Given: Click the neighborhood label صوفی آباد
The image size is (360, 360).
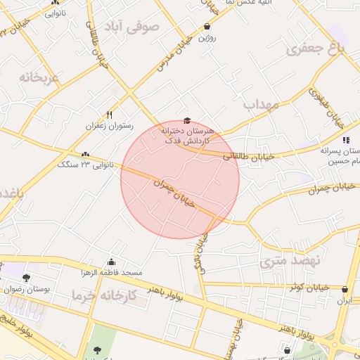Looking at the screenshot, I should click(x=132, y=27).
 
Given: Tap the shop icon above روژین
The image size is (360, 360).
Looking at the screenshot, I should click(x=207, y=27).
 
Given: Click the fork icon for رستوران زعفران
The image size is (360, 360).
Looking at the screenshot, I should click(x=109, y=115).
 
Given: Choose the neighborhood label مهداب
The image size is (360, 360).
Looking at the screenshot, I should click(x=262, y=105).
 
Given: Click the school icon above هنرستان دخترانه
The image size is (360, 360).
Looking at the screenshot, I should click(x=186, y=121).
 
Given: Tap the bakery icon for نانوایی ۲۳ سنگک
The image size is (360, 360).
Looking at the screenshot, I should click(x=85, y=154).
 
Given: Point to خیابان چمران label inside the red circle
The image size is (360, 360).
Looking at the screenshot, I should click(x=174, y=193).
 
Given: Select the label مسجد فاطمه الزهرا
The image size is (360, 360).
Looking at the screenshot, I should click(x=114, y=272).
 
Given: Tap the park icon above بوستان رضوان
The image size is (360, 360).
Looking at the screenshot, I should click(x=27, y=278).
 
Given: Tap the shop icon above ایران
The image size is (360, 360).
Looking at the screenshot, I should click(x=344, y=289).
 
